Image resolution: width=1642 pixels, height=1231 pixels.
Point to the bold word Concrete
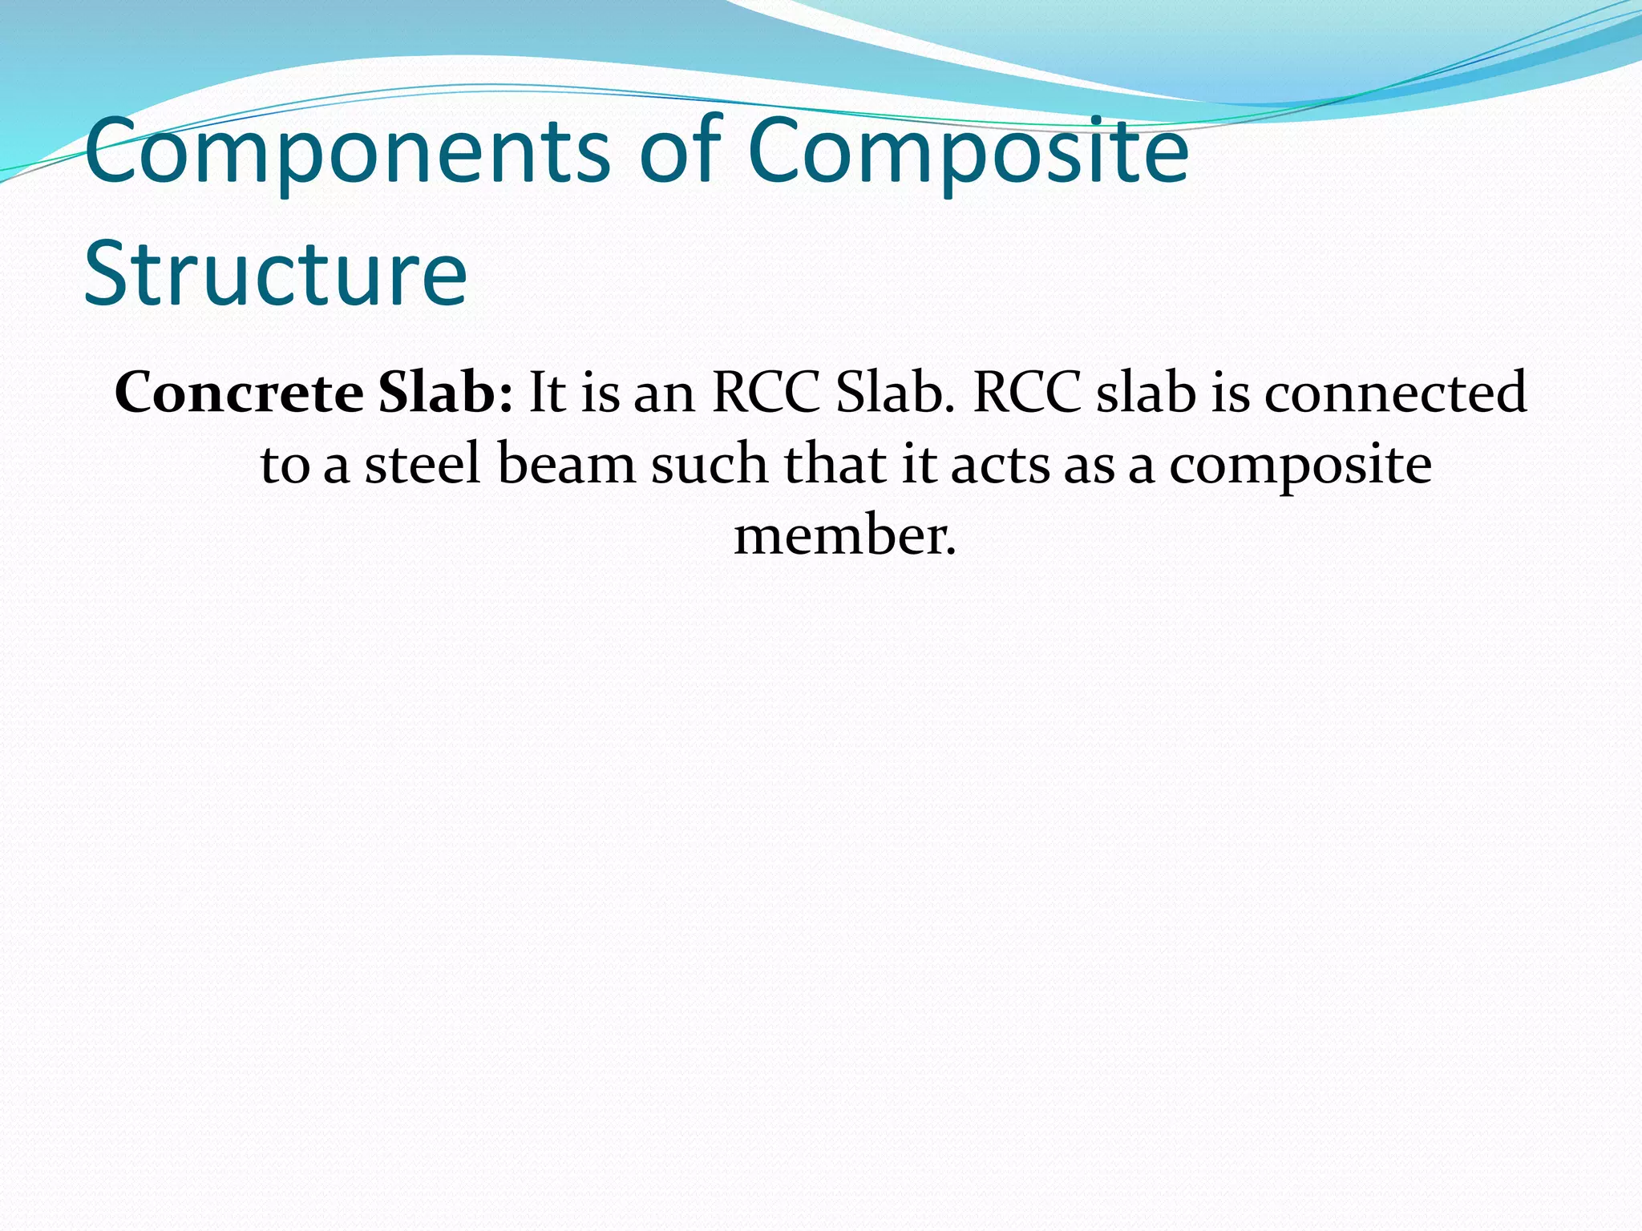[x=239, y=393]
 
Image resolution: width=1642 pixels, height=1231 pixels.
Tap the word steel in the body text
[x=423, y=464]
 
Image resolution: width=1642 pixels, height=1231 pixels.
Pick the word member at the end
[x=845, y=535]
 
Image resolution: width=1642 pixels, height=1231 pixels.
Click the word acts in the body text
[x=1000, y=466]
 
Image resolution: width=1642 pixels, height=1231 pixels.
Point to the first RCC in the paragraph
[x=766, y=393]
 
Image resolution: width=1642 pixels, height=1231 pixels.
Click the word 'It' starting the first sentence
[x=548, y=393]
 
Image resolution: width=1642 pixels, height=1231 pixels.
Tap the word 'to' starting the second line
[x=285, y=466]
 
